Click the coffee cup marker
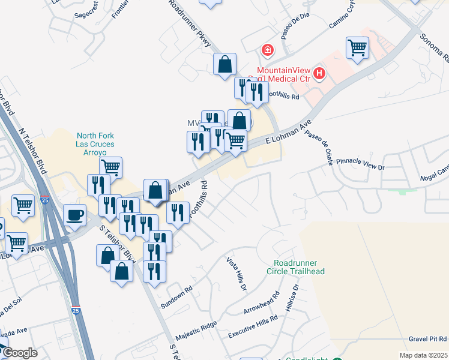click(75, 215)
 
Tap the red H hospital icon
click(319, 74)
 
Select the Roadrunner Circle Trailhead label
click(298, 267)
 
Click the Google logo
click(20, 353)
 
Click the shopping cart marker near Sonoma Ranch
click(357, 47)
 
